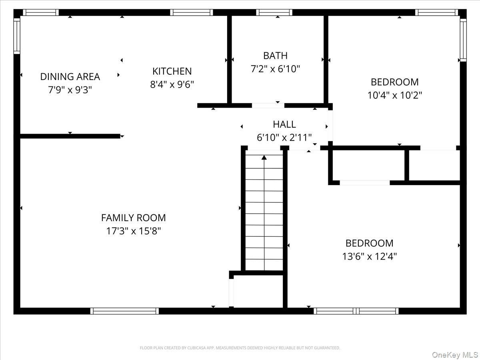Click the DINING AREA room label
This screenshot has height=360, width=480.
(70, 77)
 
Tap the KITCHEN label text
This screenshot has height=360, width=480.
(172, 71)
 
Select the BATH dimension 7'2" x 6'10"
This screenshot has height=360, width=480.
(275, 69)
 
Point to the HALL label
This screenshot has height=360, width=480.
(284, 124)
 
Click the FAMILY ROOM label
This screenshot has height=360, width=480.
(133, 218)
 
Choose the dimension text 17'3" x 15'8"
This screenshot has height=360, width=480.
(133, 231)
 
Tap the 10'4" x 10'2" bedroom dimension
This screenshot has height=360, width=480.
(395, 95)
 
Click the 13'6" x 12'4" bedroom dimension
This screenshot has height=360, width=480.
(369, 256)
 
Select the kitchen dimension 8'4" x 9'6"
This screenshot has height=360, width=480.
(172, 84)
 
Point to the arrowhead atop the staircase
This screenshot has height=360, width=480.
(264, 157)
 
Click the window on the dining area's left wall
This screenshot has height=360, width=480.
(17, 36)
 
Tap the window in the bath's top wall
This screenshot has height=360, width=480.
(274, 12)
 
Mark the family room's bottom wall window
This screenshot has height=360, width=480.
(124, 311)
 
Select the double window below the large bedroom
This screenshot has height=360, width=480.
(356, 311)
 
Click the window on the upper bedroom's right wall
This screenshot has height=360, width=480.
(463, 40)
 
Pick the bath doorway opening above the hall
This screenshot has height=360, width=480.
(268, 106)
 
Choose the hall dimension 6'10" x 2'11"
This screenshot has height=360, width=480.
(284, 138)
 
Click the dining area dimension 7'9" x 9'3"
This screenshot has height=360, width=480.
(70, 90)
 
